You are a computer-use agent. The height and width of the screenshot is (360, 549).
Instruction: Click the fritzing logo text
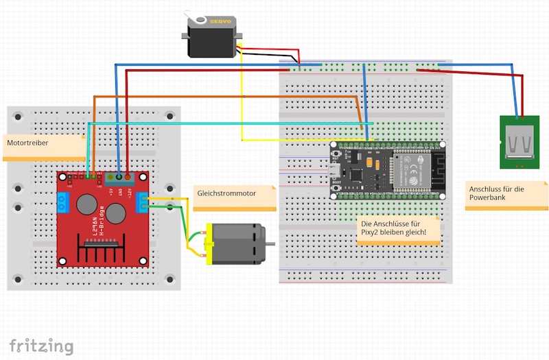(x=41, y=345)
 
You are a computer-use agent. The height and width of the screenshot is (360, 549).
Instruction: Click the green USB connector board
(x=519, y=142)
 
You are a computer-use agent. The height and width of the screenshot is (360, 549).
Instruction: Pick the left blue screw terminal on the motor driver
(x=64, y=202)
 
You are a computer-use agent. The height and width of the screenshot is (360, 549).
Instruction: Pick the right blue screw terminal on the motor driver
(x=142, y=202)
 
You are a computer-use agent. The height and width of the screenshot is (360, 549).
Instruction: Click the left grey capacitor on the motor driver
(x=86, y=204)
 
